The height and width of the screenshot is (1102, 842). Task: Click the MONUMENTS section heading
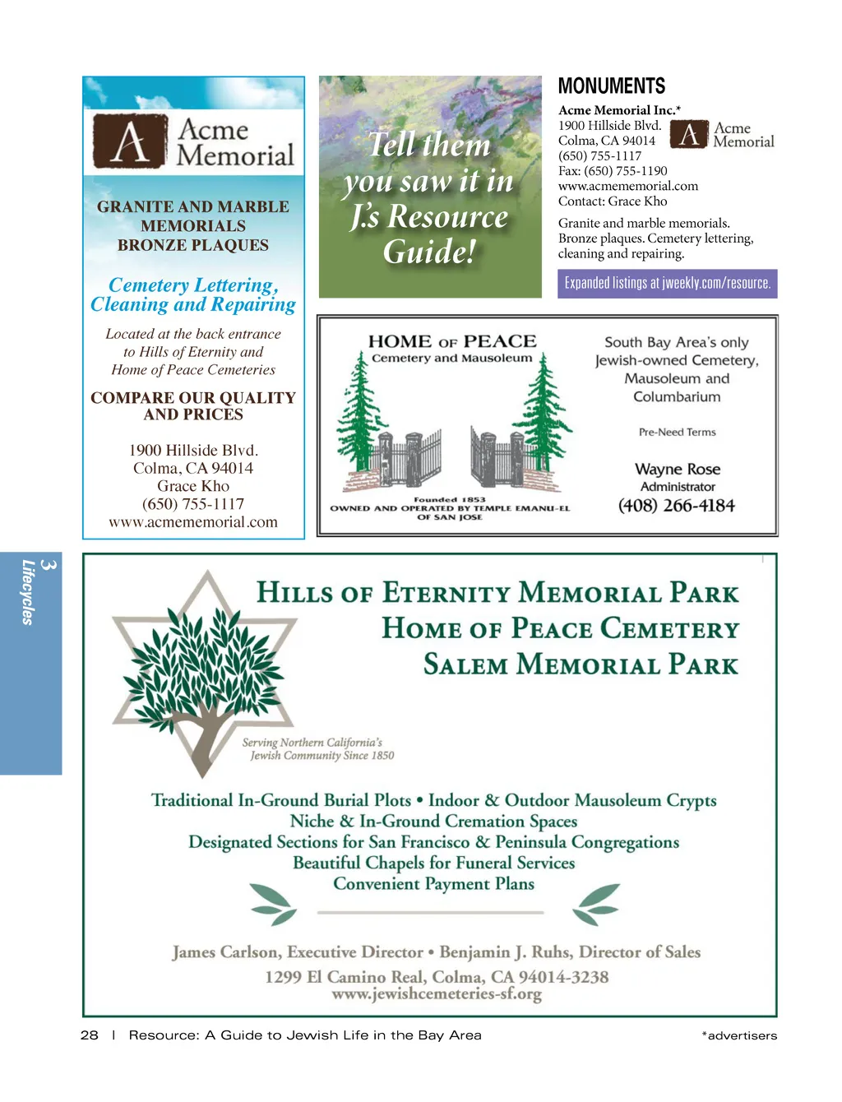(x=611, y=86)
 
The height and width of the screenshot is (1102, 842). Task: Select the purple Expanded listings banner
(x=667, y=283)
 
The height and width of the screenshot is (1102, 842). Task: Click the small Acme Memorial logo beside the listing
(x=721, y=135)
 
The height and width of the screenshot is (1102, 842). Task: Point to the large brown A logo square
(x=130, y=141)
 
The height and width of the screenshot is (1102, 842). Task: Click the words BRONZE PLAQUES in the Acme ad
(x=193, y=245)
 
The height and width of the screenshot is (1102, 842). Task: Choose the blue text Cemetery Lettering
(x=193, y=285)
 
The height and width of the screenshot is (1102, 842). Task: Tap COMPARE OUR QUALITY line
(x=193, y=398)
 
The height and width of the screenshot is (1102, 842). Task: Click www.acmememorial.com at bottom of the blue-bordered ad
(x=193, y=522)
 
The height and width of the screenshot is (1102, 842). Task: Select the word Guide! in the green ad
(x=429, y=252)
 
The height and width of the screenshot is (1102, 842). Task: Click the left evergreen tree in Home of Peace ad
(x=359, y=411)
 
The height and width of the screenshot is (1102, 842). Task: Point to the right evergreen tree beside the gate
(x=544, y=411)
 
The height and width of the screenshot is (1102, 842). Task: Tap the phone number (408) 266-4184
(x=677, y=506)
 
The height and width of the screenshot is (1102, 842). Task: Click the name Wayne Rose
(x=678, y=469)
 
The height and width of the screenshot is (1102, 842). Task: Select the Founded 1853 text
(x=449, y=499)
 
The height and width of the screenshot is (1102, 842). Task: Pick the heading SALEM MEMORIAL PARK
(x=581, y=664)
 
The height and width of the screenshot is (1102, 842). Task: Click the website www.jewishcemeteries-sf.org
(x=437, y=994)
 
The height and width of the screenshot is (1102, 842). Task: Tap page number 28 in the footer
(x=89, y=1035)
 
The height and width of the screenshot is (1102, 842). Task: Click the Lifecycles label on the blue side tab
(x=29, y=592)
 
